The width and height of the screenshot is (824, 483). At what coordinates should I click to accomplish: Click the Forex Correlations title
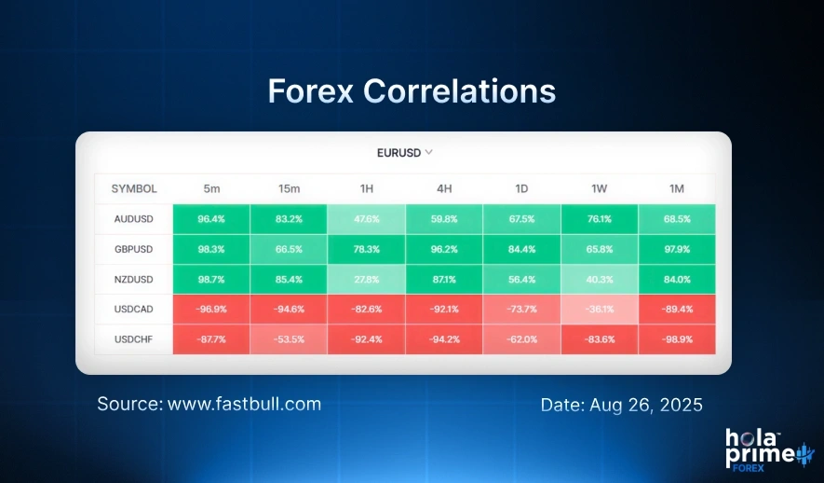[x=412, y=91]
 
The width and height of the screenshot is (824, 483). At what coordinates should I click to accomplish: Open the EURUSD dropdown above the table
[x=403, y=151]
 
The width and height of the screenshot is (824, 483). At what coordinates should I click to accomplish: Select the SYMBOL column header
[x=134, y=188]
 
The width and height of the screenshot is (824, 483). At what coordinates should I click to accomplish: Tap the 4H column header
[x=444, y=188]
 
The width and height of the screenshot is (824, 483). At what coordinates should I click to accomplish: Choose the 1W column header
[x=599, y=188]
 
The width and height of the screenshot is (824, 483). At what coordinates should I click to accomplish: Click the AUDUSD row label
[x=134, y=220]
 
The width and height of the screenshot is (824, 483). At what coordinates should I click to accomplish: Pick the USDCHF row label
[x=134, y=340]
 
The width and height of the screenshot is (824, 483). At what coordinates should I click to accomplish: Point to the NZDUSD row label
[x=134, y=280]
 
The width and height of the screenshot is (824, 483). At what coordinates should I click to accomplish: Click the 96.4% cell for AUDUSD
[x=212, y=220]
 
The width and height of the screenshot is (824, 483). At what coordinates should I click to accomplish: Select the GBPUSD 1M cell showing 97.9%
[x=676, y=250]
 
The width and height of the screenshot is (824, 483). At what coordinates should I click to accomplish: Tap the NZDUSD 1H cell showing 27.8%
[x=367, y=280]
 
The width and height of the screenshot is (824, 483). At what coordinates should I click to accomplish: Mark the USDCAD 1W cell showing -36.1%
[x=599, y=310]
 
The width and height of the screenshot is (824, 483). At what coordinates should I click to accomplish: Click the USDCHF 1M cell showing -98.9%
[x=676, y=340]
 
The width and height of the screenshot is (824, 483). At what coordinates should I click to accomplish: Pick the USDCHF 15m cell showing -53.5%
[x=290, y=340]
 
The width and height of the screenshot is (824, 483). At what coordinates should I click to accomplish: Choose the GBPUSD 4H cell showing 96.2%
[x=444, y=250]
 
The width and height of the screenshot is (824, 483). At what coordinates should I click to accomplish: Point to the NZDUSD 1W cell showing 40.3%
[x=599, y=280]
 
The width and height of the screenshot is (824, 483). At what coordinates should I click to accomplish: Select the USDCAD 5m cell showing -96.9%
[x=212, y=310]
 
